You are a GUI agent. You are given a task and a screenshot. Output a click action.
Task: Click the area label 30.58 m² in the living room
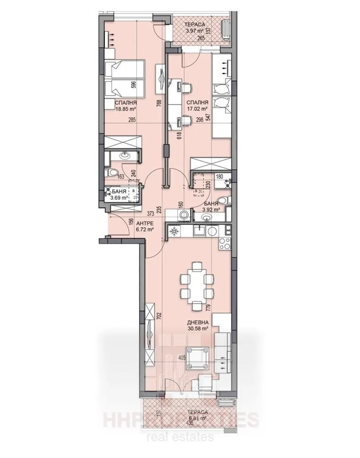coord(199,328)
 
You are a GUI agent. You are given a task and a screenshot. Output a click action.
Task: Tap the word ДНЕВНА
coord(199,322)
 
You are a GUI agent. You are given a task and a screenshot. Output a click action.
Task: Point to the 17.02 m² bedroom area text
coord(198,109)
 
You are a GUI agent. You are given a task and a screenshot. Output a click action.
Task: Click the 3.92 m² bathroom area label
coord(211,210)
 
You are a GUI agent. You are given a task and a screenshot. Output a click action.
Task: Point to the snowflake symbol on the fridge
coord(174,232)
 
